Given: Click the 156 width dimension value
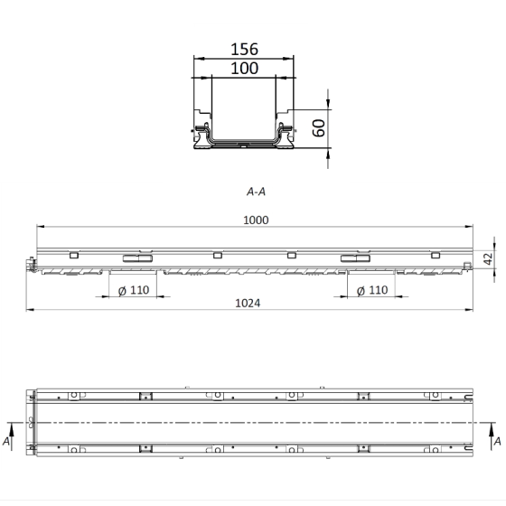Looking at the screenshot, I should (244, 51).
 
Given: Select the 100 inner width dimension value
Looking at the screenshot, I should (244, 68).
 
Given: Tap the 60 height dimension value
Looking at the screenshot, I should (318, 128).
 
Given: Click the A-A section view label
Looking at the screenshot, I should (256, 192).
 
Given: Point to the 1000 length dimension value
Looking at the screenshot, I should (256, 219).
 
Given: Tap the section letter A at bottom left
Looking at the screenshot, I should (7, 442).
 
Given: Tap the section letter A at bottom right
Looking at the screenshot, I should (497, 442).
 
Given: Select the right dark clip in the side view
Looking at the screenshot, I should (353, 259).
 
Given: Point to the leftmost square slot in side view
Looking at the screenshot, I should (73, 256).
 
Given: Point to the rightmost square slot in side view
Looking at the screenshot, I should (435, 256).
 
